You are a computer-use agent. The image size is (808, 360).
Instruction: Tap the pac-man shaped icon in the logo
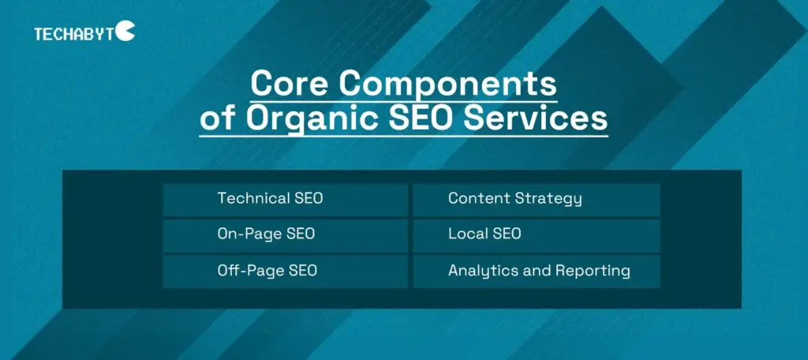pos(126,31)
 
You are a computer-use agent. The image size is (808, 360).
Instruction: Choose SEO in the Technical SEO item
pos(308,199)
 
